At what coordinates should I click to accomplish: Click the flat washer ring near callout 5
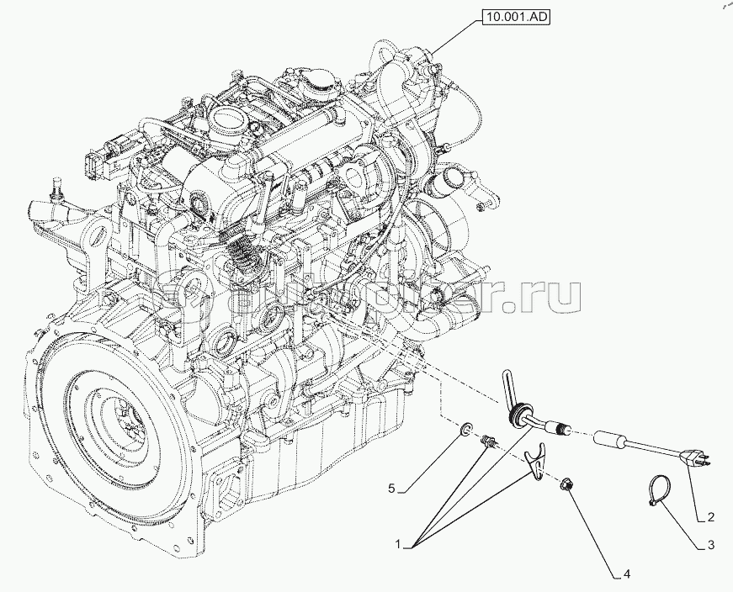[465, 434]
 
